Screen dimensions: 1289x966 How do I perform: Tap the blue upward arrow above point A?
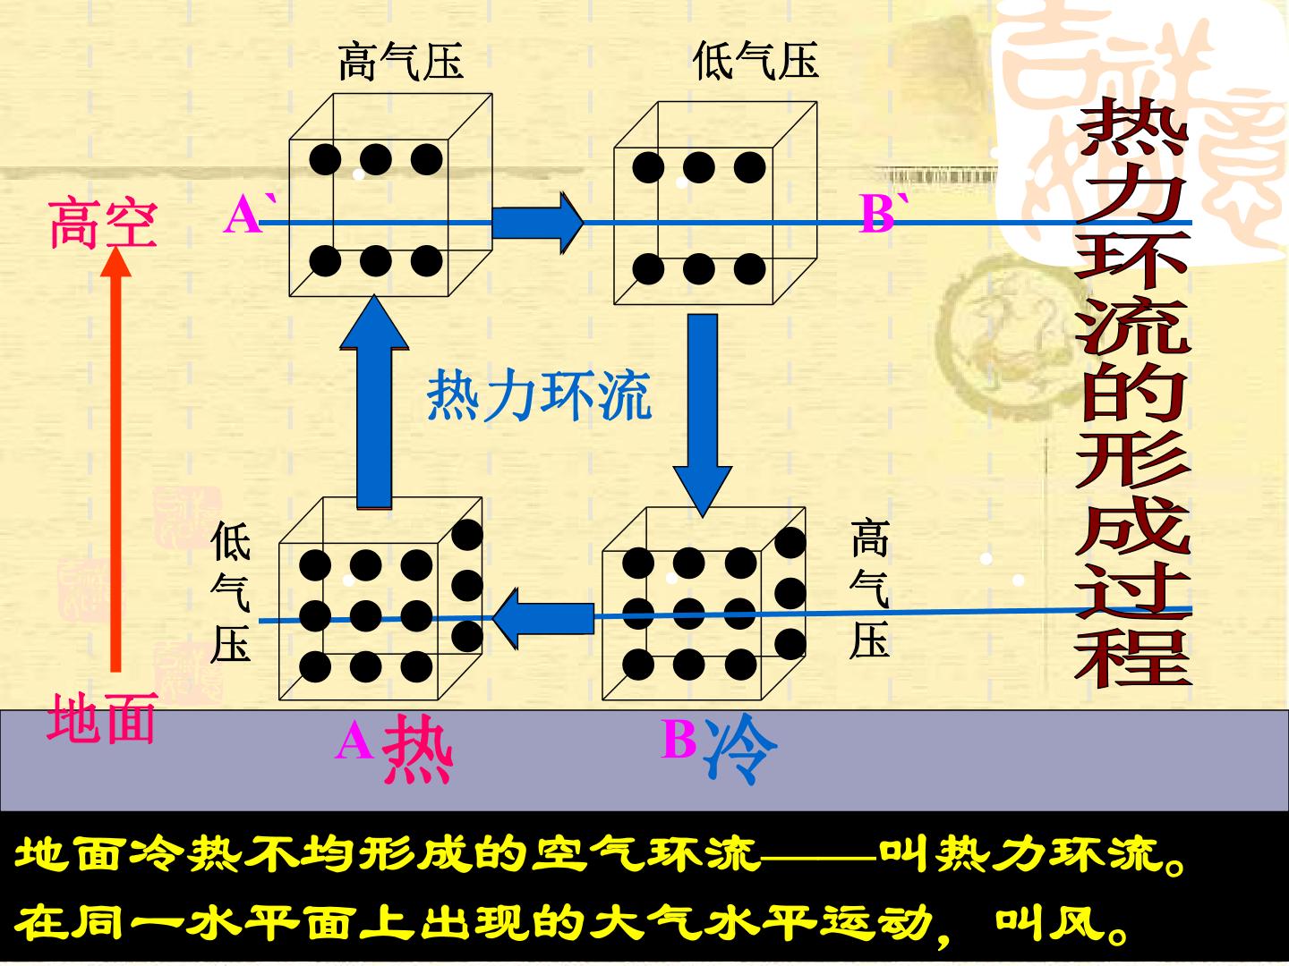click(x=374, y=402)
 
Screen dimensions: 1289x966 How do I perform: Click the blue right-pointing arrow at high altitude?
click(x=537, y=223)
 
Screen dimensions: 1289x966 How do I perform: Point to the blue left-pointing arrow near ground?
click(x=543, y=618)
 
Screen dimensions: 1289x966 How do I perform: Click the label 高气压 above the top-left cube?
click(x=401, y=61)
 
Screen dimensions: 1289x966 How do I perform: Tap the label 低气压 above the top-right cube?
click(x=755, y=61)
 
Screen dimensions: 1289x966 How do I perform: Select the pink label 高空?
click(x=104, y=224)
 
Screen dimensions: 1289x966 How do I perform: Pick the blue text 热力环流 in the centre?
click(x=539, y=395)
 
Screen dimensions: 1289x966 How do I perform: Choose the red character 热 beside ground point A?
click(x=417, y=749)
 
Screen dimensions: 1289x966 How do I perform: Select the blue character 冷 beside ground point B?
click(x=740, y=748)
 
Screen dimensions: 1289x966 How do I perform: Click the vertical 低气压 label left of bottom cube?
click(x=231, y=591)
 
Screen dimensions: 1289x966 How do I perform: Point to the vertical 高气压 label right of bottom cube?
click(x=870, y=589)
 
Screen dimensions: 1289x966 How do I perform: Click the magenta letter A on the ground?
click(x=354, y=741)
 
